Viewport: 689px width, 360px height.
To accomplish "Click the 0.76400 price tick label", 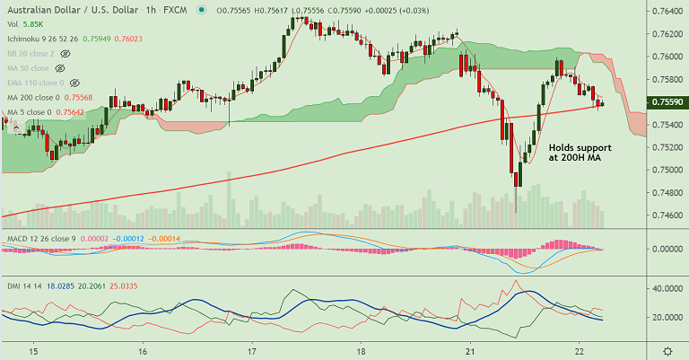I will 664,11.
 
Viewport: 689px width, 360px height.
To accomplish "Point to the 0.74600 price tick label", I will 664,215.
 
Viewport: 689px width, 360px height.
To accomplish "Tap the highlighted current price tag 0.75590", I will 664,102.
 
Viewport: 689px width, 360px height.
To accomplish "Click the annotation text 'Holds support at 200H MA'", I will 580,152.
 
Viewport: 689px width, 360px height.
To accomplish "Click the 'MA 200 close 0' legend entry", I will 33,97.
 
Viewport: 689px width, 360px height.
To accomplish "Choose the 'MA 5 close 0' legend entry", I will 28,111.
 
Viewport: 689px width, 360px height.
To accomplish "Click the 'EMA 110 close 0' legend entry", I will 34,83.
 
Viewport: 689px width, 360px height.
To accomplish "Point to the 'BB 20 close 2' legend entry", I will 31,54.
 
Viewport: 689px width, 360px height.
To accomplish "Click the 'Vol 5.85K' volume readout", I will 25,25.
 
